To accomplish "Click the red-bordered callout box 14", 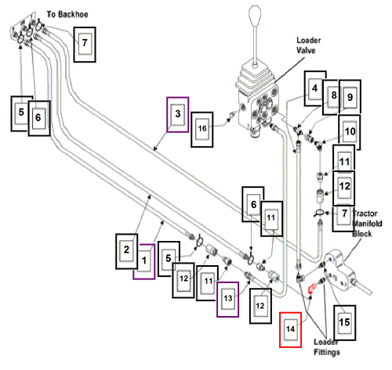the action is pos(290,330).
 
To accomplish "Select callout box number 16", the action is pos(202,130).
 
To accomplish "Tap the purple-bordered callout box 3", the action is pos(178,115).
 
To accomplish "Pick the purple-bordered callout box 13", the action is pos(227,300).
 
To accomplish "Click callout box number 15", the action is pos(344,323).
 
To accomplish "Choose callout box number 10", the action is pos(350,132).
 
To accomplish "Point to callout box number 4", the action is pos(315,88).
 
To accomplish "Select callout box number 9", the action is pos(350,97).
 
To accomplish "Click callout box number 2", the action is pos(126,251).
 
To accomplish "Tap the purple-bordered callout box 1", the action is pos(144,261).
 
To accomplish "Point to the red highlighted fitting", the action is pos(311,289).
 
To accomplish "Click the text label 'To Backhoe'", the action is pos(67,14).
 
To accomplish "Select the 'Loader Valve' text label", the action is pos(308,45).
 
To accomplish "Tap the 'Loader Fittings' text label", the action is pos(327,347).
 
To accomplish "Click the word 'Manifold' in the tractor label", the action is pos(367,224).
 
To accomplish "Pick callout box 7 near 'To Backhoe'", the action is pos(85,45).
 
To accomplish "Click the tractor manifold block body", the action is pos(339,271).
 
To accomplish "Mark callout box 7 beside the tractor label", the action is pos(343,214).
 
